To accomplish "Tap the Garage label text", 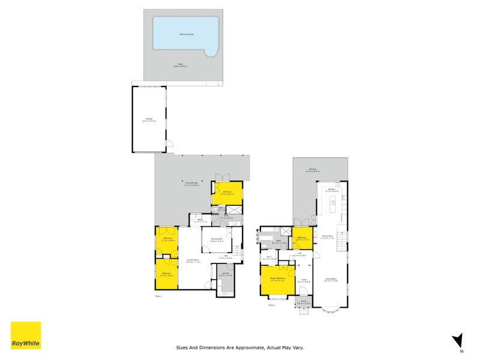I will coord(149,118).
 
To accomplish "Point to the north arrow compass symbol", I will coord(458,340).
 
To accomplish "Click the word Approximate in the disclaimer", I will coord(243,347).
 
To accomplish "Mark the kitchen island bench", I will coord(331,208).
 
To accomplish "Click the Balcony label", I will coord(313,170).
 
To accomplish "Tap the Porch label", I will coord(304,301).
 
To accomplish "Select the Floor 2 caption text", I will coord(271,305).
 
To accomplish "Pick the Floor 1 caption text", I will coord(158,295).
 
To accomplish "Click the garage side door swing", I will coord(170,144).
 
